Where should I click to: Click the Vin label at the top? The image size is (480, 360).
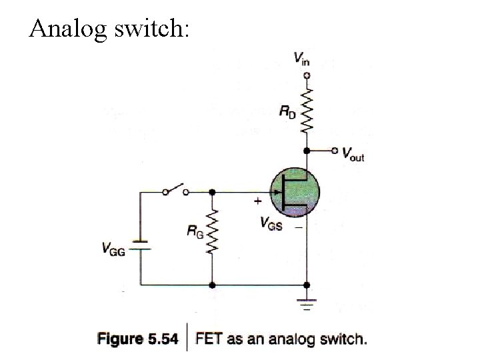point(301,59)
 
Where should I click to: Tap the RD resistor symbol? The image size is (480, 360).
point(306,109)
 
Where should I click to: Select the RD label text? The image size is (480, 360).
point(287,112)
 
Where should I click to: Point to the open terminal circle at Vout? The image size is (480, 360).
point(335,151)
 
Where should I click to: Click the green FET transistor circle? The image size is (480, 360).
point(295,193)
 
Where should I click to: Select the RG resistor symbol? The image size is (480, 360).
point(212,233)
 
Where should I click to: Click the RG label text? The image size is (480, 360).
point(195,233)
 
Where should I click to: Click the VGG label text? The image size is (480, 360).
point(113,249)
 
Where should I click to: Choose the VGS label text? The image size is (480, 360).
point(271,223)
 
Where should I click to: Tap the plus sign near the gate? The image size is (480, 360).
point(257,199)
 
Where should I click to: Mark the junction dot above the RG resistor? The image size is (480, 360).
point(212,192)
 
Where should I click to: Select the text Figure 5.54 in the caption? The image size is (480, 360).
point(138,339)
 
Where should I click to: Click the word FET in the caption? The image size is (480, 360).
point(209,339)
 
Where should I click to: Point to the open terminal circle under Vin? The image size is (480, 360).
point(306,75)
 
